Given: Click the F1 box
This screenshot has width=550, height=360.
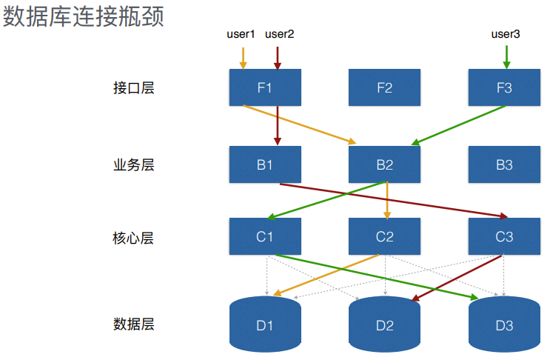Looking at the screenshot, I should point(265,87).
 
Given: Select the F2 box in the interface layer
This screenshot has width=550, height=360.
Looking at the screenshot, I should point(384,87).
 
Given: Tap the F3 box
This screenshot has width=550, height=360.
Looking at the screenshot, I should point(504,87).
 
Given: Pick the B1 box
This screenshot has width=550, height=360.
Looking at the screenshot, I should point(265,164).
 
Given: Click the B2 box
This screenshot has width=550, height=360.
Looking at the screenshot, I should point(384,164).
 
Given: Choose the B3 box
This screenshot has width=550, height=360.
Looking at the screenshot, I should point(504,164).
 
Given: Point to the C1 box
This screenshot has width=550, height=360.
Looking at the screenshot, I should point(265,237).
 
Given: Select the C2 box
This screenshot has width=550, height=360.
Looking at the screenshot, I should point(384,237).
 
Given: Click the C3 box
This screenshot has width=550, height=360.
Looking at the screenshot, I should point(504,237).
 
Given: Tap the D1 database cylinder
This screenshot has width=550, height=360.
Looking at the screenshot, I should point(265,324).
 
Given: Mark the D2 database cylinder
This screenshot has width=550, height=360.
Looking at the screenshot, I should point(384,324).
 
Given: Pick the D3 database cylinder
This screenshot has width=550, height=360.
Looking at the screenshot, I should point(504,324).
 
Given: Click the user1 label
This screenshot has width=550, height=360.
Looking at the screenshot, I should point(241,34).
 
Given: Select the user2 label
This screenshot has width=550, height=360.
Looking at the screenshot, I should point(280,34).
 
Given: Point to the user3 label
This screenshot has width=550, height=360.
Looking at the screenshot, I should point(506,34).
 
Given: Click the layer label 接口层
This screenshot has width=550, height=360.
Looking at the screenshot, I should point(134,88).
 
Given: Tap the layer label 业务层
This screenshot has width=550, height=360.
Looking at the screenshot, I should point(134,164).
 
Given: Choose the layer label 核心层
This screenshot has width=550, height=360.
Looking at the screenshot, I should point(134,238).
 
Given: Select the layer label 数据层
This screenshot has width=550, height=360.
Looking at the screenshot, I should point(134,324).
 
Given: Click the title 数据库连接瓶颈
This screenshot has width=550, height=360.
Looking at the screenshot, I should point(84,16).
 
